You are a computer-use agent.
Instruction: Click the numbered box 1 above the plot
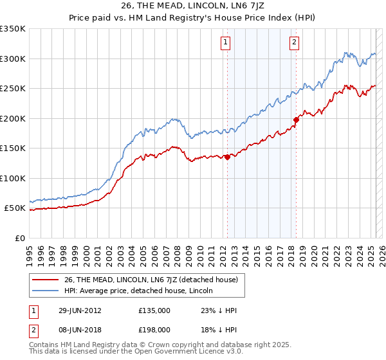(x=226, y=43)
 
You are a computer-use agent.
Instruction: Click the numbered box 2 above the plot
(x=294, y=43)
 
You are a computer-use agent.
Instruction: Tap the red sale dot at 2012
(x=227, y=157)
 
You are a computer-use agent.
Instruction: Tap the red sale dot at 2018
(x=296, y=119)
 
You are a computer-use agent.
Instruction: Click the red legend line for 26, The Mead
(x=46, y=280)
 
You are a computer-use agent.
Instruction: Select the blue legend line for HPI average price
(x=46, y=291)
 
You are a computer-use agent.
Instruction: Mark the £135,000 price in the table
(x=154, y=310)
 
